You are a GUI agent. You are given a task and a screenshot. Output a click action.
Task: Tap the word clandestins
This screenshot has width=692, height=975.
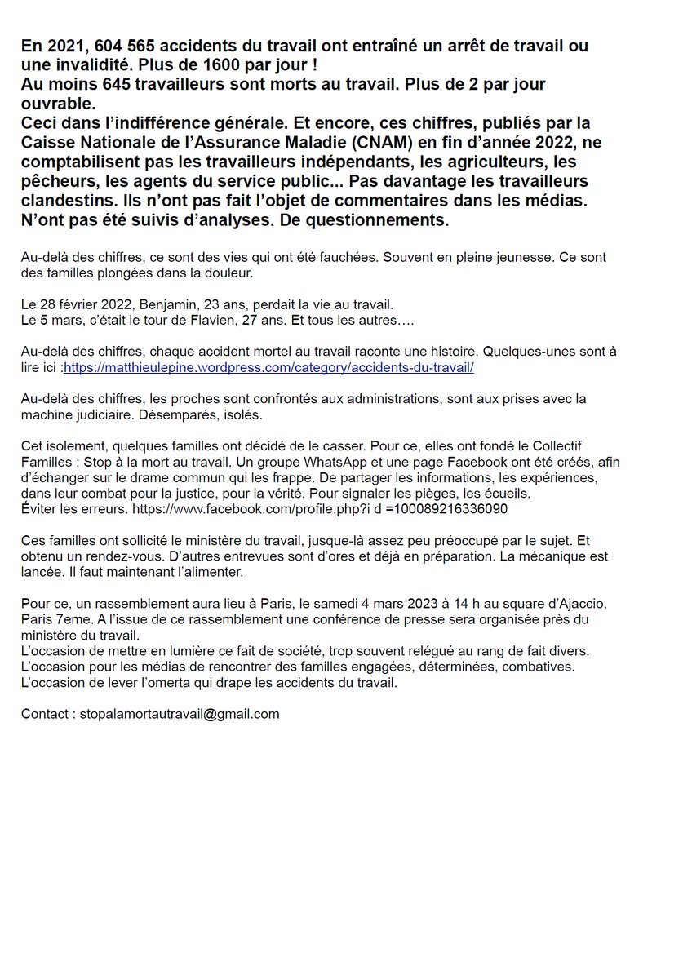(68, 202)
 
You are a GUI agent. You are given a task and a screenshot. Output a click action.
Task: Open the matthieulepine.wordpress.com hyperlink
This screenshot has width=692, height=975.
(268, 368)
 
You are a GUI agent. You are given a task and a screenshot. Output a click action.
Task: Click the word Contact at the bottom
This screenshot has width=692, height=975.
(45, 714)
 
